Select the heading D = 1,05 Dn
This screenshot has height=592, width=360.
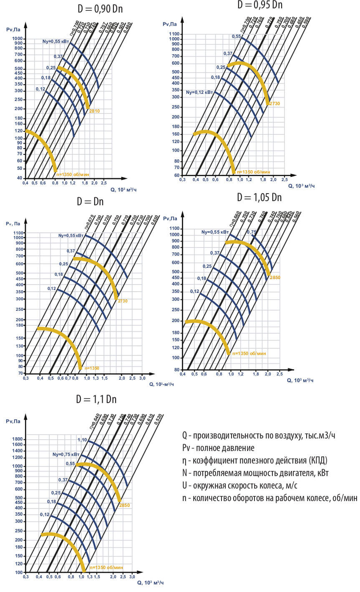[x=259, y=197]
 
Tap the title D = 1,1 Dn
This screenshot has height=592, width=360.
[x=96, y=399]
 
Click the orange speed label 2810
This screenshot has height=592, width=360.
[x=94, y=111]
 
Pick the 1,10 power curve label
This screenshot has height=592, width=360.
[x=82, y=440]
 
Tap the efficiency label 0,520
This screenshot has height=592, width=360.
[x=158, y=420]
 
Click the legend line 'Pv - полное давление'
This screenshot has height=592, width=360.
[x=218, y=448]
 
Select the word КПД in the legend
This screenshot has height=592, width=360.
[x=319, y=461]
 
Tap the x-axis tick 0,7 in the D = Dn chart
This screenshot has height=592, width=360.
[x=68, y=378]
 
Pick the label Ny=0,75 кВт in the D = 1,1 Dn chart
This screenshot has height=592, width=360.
[x=66, y=454]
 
